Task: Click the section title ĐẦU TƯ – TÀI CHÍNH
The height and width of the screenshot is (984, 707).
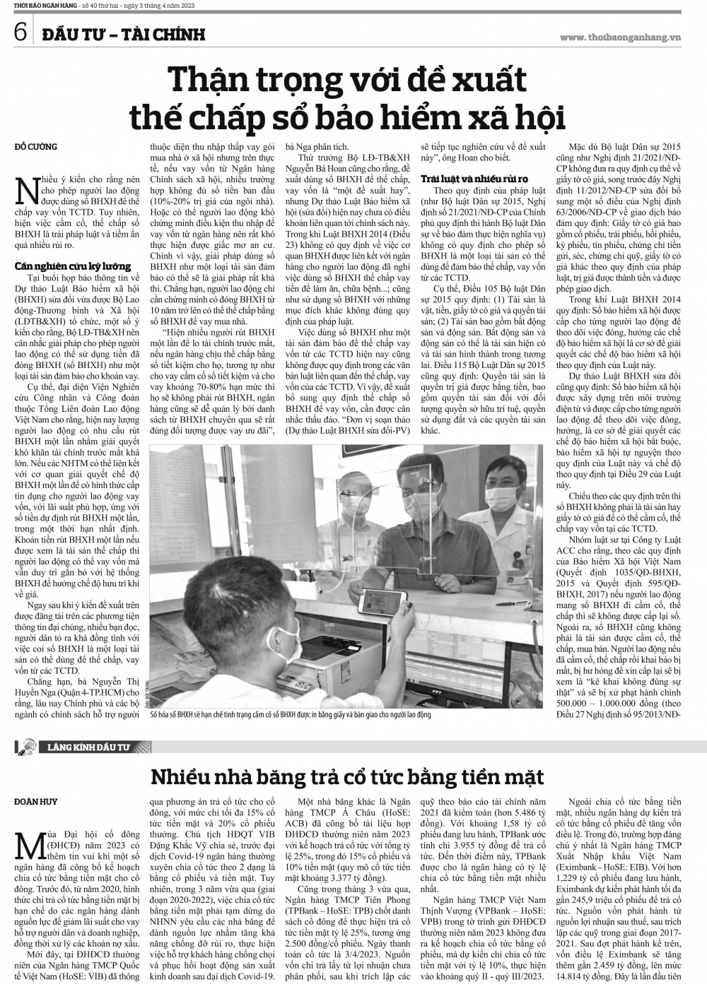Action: tap(123, 33)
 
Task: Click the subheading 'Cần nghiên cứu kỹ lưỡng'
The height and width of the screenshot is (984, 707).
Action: tap(73, 266)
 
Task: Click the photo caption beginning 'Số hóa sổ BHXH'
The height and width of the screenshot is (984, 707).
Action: tap(290, 715)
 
